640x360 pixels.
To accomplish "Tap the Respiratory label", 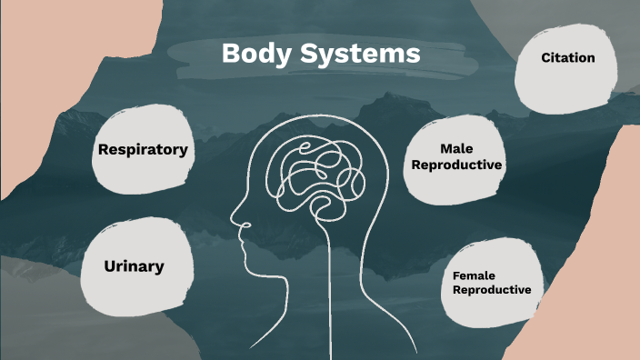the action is click(144, 149).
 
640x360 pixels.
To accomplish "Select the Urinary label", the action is click(134, 266).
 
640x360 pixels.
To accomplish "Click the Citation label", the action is click(568, 58).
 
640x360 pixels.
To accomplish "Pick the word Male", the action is click(457, 148).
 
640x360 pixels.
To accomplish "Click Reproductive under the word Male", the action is click(457, 165).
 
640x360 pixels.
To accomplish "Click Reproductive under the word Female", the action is click(492, 290).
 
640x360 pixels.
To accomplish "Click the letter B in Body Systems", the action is click(230, 54).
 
